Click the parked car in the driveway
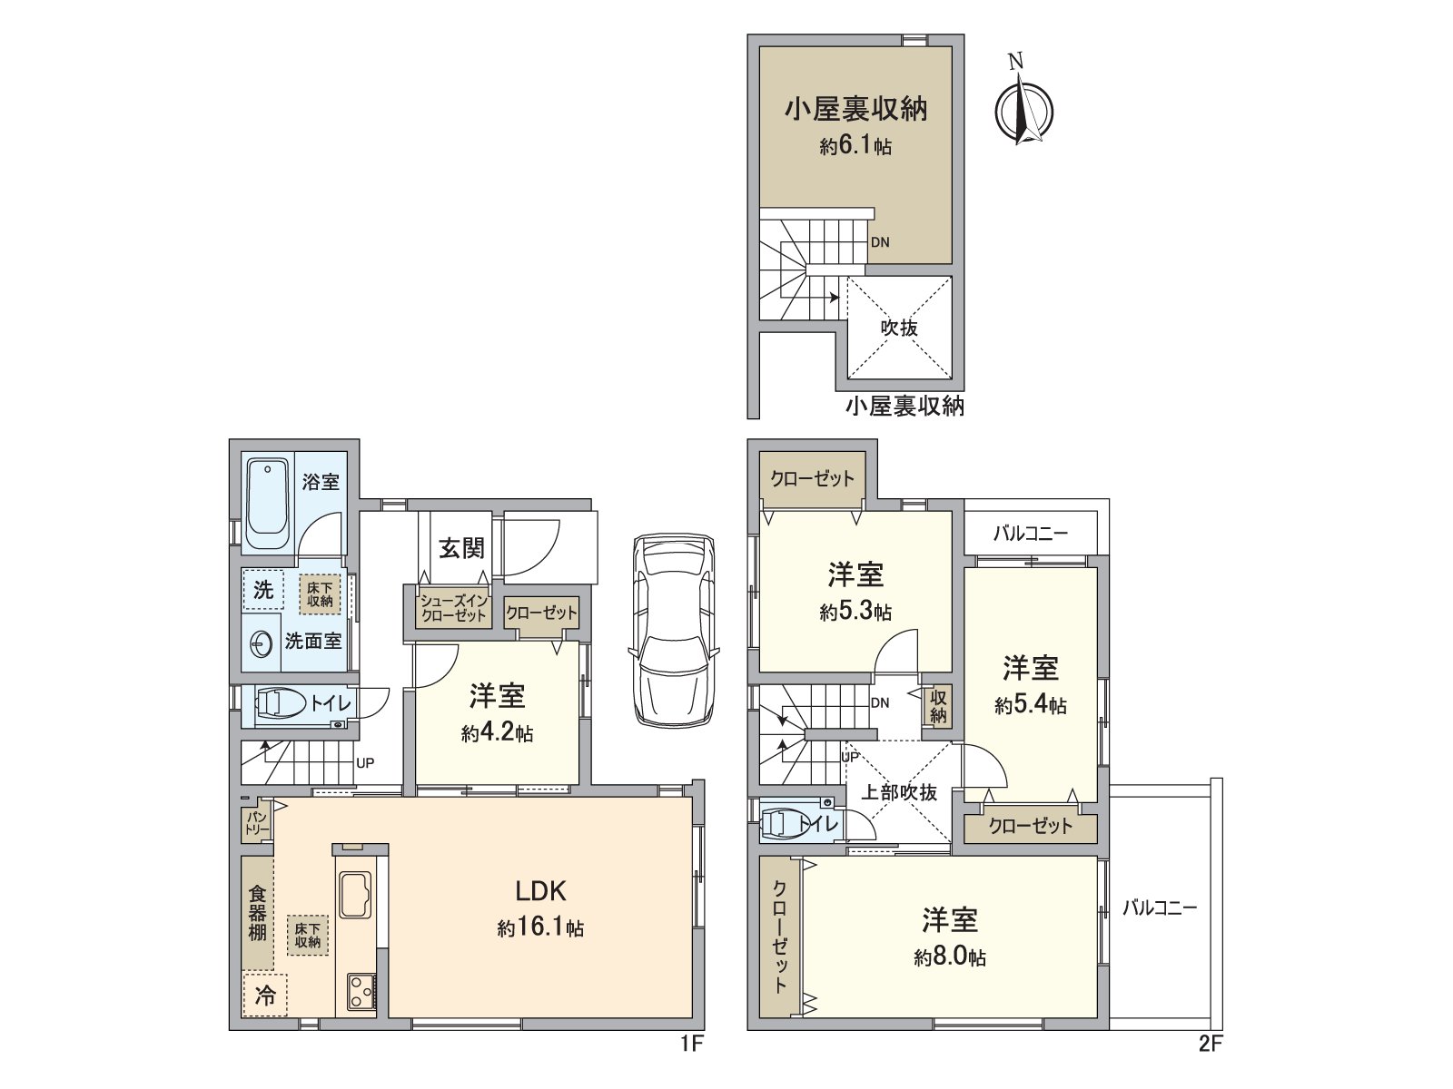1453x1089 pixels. pyautogui.click(x=673, y=630)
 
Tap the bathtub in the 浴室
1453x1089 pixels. pyautogui.click(x=267, y=505)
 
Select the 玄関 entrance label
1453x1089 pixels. pyautogui.click(x=461, y=548)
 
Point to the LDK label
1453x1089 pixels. pyautogui.click(x=541, y=891)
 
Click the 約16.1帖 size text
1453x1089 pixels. pyautogui.click(x=540, y=928)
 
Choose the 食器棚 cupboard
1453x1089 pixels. pyautogui.click(x=257, y=913)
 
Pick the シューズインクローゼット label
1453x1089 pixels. pyautogui.click(x=454, y=609)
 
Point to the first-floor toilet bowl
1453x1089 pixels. pyautogui.click(x=281, y=703)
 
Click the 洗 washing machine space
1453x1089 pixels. pyautogui.click(x=263, y=590)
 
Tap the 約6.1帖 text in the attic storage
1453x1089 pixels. pyautogui.click(x=855, y=146)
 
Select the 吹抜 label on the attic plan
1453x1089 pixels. pyautogui.click(x=899, y=328)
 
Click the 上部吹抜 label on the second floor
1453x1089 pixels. pyautogui.click(x=898, y=792)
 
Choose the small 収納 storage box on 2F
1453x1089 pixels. pyautogui.click(x=937, y=706)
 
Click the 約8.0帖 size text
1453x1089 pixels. pyautogui.click(x=949, y=957)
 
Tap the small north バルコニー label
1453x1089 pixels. pyautogui.click(x=1030, y=534)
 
